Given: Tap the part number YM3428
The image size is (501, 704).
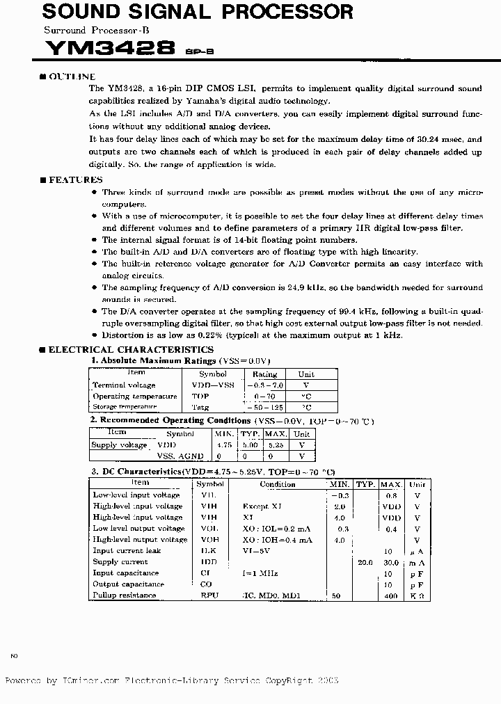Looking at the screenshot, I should [109, 48].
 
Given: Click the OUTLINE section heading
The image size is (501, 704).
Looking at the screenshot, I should [72, 77].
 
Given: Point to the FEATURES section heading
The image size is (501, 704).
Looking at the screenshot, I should [75, 179].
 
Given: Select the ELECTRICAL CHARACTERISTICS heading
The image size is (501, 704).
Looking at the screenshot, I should [131, 349].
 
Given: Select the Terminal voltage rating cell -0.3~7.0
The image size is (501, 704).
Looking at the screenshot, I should [264, 385].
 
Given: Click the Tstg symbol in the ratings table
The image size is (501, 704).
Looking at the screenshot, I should [200, 407].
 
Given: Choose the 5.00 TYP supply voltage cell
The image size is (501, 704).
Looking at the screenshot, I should [249, 445].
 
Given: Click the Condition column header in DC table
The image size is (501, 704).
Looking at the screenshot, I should [278, 483].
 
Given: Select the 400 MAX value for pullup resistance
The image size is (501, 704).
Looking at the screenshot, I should [391, 596].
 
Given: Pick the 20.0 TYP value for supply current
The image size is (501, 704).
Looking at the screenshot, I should [365, 562].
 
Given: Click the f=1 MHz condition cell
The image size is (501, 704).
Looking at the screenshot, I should [260, 573].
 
